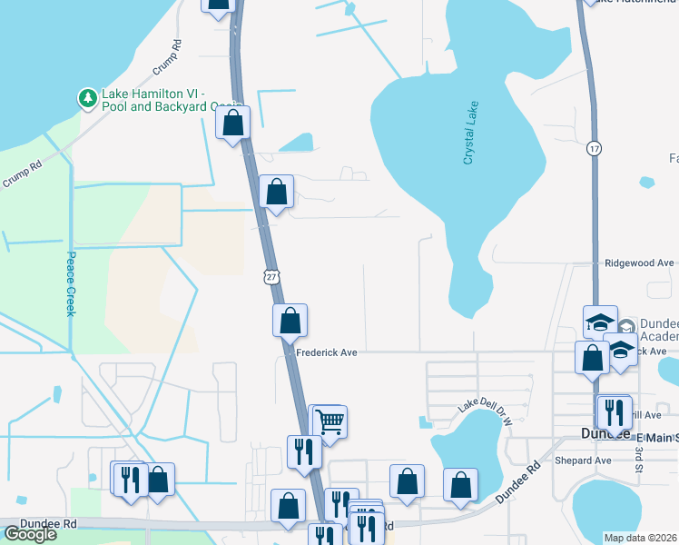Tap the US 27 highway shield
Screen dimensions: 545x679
273,275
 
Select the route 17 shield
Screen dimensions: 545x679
594,148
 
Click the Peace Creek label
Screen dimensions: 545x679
70,283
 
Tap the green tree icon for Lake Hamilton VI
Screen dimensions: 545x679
87,97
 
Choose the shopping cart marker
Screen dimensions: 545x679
330,421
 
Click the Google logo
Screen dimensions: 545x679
31,534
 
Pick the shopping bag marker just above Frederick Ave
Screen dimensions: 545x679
290,320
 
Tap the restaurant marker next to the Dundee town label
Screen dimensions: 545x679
615,411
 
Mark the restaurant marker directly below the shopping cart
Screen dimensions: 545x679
303,451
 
